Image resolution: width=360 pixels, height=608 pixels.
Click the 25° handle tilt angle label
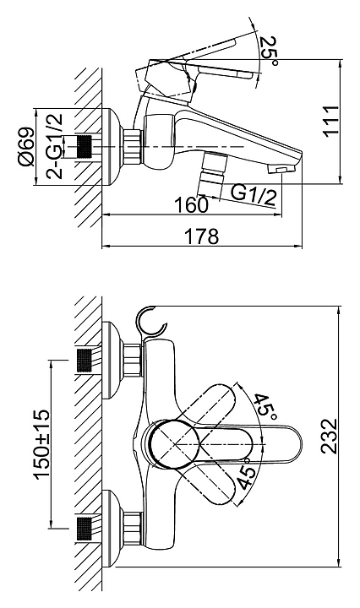coord(270,52)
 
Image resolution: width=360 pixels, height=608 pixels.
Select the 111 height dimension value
coord(331,120)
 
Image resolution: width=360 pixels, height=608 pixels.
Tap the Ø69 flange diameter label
coord(26,147)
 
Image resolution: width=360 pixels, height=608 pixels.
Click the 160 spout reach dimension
coord(191,204)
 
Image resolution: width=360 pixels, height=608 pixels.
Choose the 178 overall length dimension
coord(201,236)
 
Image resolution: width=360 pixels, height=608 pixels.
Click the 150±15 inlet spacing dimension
coord(42,444)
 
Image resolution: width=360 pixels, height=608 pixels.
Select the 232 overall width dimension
coord(330,436)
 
